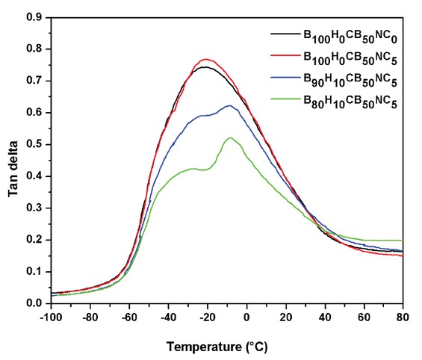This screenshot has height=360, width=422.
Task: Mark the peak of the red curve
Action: [x=206, y=59]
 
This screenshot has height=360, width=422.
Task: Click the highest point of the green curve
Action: [x=230, y=137]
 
